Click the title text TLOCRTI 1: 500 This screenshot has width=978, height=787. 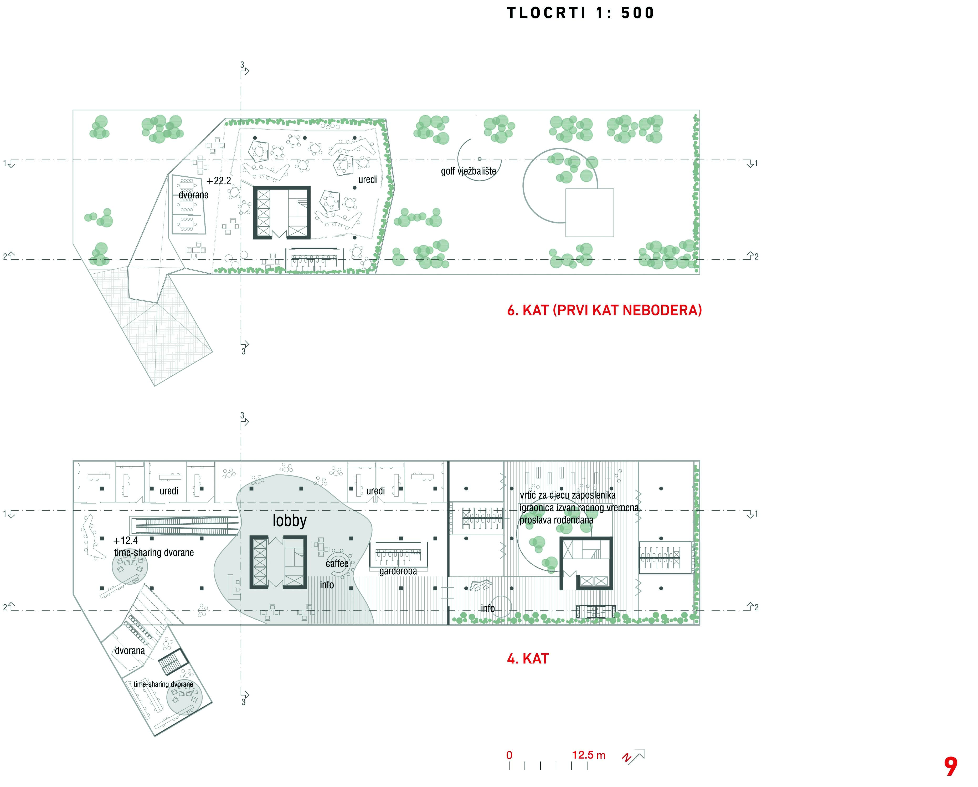[x=580, y=13]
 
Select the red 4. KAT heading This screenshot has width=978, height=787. [x=528, y=658]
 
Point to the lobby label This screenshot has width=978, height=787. [x=289, y=520]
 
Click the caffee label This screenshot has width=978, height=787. [x=337, y=563]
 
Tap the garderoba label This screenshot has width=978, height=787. [x=398, y=571]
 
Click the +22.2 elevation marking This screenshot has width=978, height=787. [x=219, y=181]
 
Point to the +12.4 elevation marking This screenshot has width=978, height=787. [x=126, y=540]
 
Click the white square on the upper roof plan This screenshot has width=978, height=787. [x=589, y=213]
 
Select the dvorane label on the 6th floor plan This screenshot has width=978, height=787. [x=193, y=195]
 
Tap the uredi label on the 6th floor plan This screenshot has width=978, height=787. [x=367, y=180]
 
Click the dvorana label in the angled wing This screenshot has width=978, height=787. [x=130, y=650]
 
